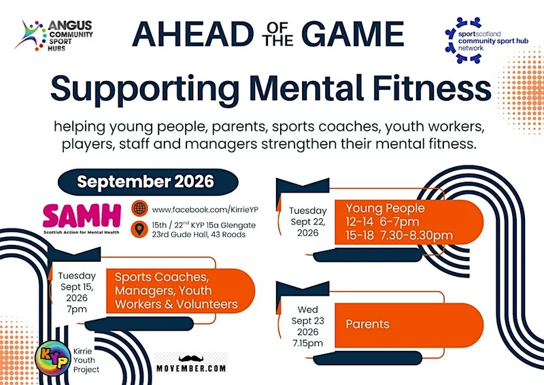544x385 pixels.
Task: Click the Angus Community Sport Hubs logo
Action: click(x=54, y=35)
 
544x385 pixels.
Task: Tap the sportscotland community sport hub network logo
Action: click(x=486, y=40)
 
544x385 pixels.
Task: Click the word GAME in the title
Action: click(x=352, y=34)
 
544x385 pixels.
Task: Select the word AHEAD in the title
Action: click(x=192, y=34)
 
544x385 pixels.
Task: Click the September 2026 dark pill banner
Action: click(x=148, y=182)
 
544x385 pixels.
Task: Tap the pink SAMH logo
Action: click(x=82, y=219)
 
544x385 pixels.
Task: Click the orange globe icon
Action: click(x=139, y=208)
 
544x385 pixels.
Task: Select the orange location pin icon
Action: click(x=139, y=229)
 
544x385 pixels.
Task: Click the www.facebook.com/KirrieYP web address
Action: click(x=205, y=210)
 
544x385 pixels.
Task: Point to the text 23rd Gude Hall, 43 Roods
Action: click(x=199, y=234)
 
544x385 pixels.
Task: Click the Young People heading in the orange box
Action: click(x=385, y=208)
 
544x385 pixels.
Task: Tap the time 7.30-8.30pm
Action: click(x=417, y=235)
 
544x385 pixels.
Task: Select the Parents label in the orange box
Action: click(x=367, y=324)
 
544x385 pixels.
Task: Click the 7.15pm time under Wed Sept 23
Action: click(x=308, y=343)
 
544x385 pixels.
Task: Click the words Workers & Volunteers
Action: click(x=176, y=304)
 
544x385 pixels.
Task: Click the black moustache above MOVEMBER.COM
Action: click(x=191, y=358)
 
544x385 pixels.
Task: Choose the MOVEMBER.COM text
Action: click(x=191, y=369)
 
